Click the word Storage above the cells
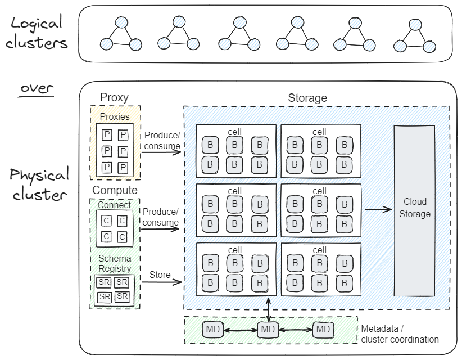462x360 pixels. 307,98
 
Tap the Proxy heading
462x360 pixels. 114,97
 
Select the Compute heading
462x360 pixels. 115,190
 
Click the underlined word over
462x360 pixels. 38,89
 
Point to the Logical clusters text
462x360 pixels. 38,33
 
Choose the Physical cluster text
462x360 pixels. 39,184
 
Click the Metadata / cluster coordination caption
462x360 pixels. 399,334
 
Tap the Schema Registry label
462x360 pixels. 115,263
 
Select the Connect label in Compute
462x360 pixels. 114,205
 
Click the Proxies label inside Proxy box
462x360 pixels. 115,117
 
